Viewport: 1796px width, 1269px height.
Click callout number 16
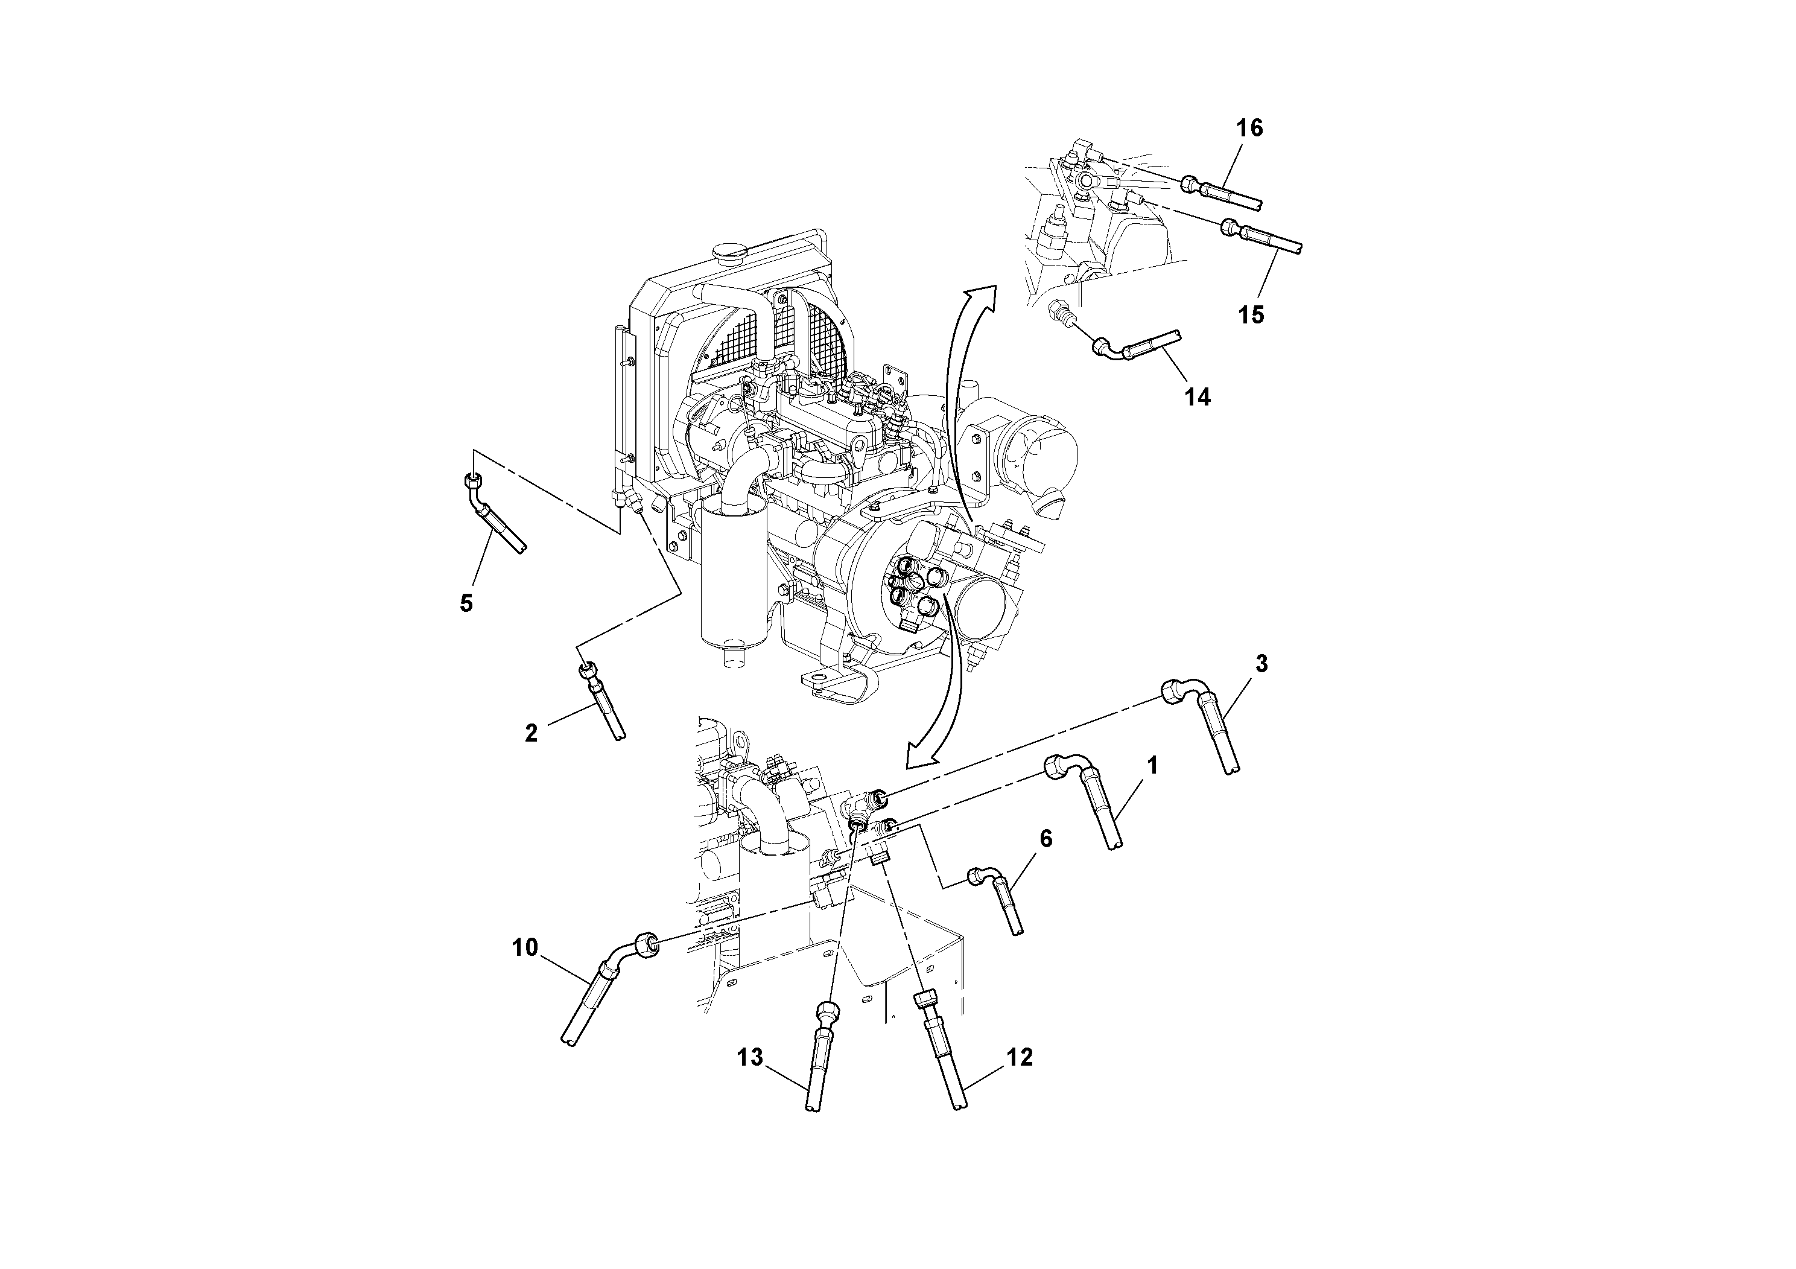tap(1249, 127)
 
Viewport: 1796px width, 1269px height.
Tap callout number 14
tap(1197, 398)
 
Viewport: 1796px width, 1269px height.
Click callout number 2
tap(531, 733)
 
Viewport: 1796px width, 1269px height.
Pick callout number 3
tap(1261, 664)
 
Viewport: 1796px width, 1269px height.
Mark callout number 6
tap(1046, 839)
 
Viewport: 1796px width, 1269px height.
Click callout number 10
tap(525, 947)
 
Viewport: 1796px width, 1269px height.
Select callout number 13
tap(749, 1058)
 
